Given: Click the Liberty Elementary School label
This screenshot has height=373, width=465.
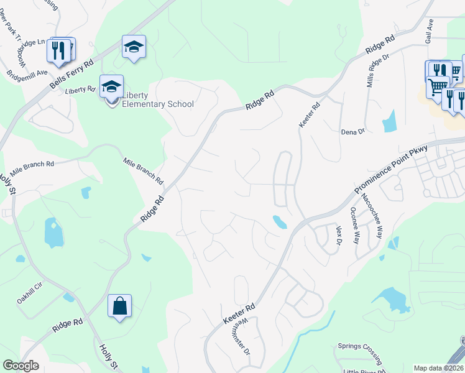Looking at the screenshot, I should (x=158, y=99).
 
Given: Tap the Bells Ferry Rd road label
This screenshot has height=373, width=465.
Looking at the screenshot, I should (x=71, y=73).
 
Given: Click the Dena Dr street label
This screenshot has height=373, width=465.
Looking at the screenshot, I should (x=352, y=132).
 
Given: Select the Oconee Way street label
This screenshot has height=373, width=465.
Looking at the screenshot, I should (x=356, y=225).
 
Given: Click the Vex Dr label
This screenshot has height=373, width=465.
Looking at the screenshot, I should (x=339, y=234).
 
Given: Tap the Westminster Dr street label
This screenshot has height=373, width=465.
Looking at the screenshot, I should (x=243, y=336).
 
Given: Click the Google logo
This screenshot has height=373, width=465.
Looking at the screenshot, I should (x=21, y=366).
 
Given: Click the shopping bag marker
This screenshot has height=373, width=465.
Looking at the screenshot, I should (x=119, y=306).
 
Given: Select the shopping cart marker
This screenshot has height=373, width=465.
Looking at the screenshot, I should (x=438, y=86).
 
